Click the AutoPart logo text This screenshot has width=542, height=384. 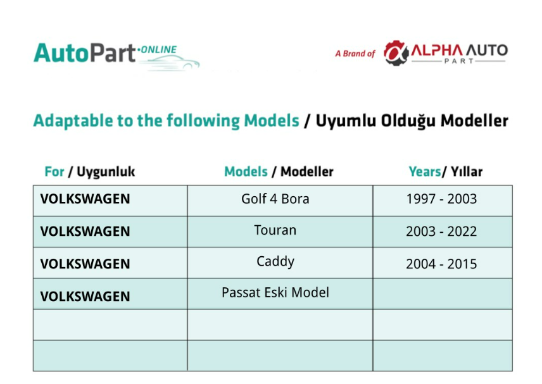click(85, 53)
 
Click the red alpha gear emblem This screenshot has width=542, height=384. click(396, 53)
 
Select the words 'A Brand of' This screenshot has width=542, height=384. click(355, 54)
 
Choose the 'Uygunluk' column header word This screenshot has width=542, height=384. click(106, 172)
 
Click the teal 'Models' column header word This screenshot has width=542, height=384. click(246, 171)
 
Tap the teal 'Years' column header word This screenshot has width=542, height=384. click(424, 171)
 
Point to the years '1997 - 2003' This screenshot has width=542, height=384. click(441, 199)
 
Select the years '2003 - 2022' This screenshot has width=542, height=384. click(441, 232)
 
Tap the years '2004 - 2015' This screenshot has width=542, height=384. click(441, 264)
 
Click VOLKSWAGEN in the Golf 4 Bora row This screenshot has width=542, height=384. click(85, 199)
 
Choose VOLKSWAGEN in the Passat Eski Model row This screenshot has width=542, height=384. click(85, 297)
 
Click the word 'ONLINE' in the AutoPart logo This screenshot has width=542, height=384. click(159, 50)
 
